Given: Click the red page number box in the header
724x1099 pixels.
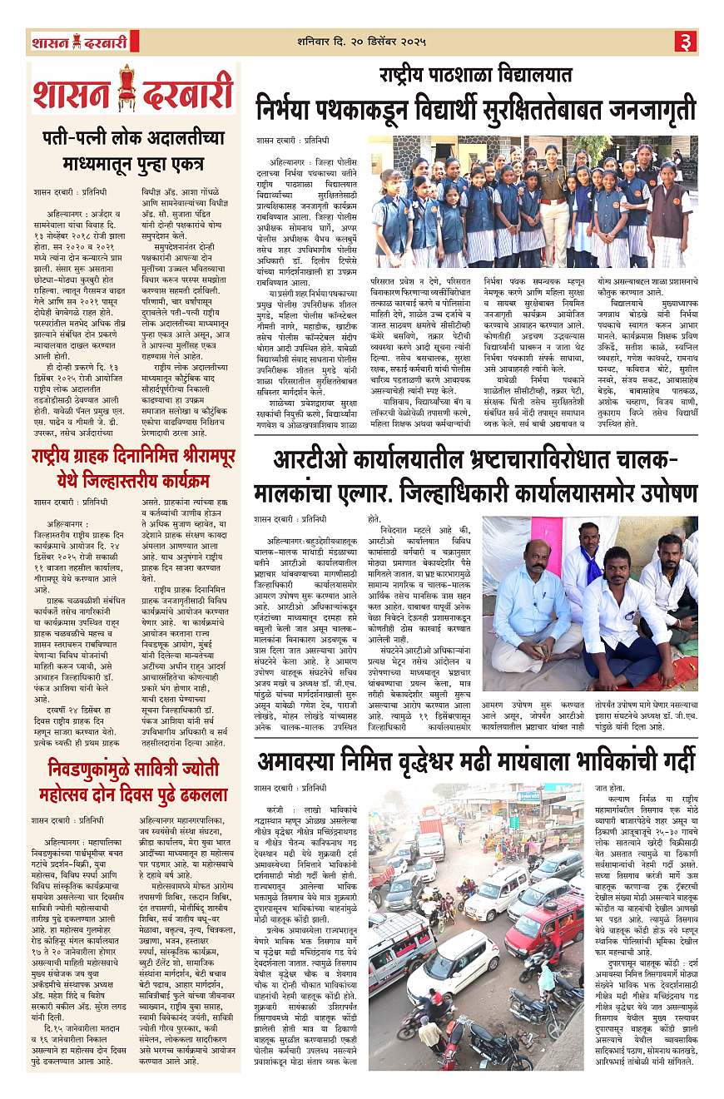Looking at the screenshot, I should click(x=685, y=40).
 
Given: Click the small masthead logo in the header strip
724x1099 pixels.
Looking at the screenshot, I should click(x=80, y=42).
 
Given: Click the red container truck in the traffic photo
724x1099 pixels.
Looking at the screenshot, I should click(x=432, y=832).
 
